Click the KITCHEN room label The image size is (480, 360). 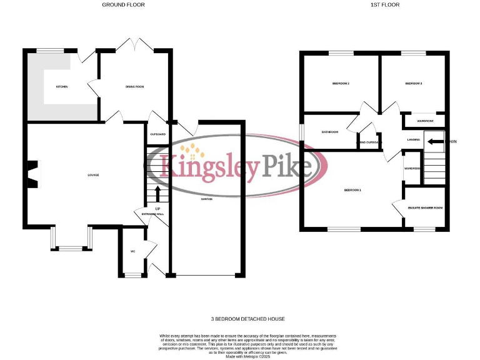tap(62, 86)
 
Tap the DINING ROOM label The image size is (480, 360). tap(134, 86)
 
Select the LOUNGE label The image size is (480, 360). tap(93, 174)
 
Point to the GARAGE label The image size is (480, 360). tap(206, 199)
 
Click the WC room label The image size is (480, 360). tap(132, 251)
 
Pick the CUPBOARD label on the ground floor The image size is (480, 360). tap(157, 134)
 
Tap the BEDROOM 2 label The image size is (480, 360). tap(341, 83)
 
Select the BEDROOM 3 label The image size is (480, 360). tap(414, 83)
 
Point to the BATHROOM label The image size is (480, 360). tap(330, 132)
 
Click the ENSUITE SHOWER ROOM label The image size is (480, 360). tap(426, 207)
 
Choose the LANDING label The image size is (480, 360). tap(413, 139)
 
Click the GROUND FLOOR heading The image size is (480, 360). tap(123, 5)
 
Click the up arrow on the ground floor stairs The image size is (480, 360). tap(157, 193)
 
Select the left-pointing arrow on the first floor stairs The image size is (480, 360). tap(435, 141)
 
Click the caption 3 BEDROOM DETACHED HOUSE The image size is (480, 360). tap(240, 319)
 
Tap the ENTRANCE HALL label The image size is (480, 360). tap(152, 214)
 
